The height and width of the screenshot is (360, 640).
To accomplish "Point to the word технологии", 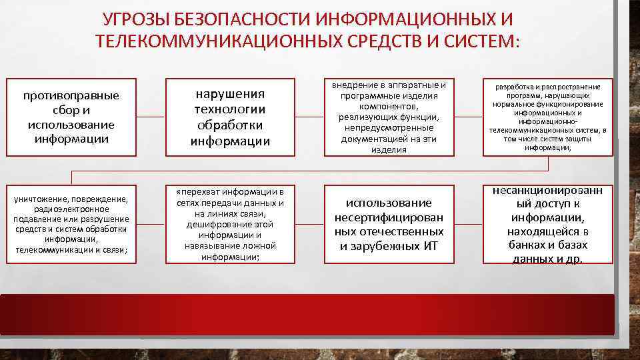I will pyautogui.click(x=230, y=109).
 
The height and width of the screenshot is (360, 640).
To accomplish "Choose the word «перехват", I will pyautogui.click(x=197, y=192).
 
